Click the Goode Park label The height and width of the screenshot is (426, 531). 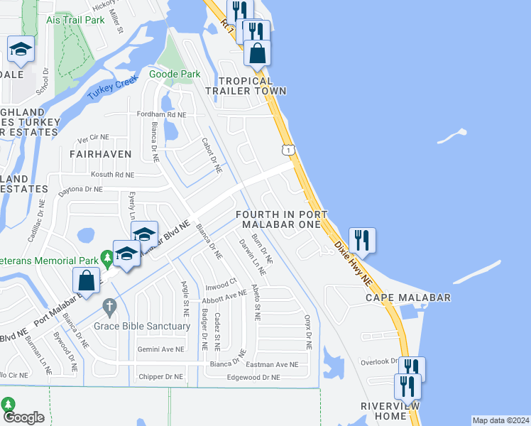[x=175, y=73]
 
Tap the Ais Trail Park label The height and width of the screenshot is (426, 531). [x=75, y=20]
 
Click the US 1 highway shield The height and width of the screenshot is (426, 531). [x=288, y=149]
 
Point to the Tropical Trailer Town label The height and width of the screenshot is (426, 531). [x=246, y=86]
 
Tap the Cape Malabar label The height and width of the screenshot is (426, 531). [x=407, y=297]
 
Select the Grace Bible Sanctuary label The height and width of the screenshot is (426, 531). [x=143, y=326]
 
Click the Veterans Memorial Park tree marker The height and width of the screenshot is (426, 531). [x=106, y=256]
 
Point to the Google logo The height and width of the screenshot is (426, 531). [x=23, y=417]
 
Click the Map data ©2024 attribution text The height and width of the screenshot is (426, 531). [x=500, y=420]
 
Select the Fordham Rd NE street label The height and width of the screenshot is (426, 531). [x=162, y=114]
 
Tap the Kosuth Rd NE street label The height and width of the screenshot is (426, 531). [x=111, y=174]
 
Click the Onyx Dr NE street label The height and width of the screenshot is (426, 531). [x=308, y=332]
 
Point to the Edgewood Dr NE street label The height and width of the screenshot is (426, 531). [x=253, y=378]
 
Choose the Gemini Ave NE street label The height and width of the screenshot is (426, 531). [x=160, y=350]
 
